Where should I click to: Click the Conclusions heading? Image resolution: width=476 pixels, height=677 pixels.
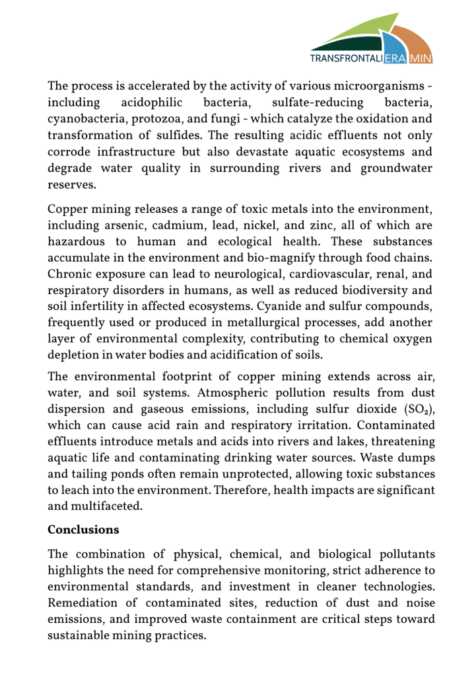(83, 530)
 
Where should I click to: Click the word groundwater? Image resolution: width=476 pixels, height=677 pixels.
(396, 168)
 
